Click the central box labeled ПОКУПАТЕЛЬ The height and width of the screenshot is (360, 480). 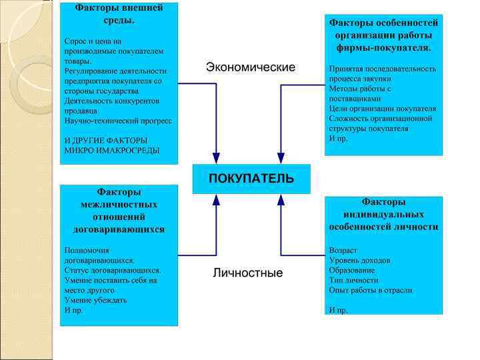[x=251, y=179]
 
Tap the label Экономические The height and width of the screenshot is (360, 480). [x=250, y=67]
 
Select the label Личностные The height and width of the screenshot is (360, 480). [x=248, y=273]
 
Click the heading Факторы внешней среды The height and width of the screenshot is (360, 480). [x=119, y=14]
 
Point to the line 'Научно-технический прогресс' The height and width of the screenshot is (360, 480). [x=118, y=121]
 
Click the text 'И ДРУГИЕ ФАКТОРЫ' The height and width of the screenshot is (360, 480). [x=105, y=140]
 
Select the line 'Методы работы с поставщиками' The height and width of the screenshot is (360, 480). [x=360, y=93]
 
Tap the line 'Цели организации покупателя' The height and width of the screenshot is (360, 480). [x=382, y=108]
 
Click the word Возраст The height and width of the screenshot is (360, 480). [x=343, y=250]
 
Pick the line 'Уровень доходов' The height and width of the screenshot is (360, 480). [x=359, y=260]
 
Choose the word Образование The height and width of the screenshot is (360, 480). [x=351, y=270]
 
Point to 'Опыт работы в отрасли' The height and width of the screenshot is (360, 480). [x=370, y=290]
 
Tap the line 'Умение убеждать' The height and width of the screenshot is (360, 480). [x=95, y=300]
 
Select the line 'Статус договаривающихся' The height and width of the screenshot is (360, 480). [x=112, y=270]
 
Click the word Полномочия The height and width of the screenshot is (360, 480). [x=87, y=250]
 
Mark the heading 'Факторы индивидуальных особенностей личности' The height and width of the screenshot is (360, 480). [x=383, y=214]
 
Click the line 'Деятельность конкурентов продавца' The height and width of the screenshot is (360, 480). [x=111, y=105]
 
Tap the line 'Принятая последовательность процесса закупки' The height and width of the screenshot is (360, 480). [x=382, y=73]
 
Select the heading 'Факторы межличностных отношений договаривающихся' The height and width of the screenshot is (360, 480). [x=119, y=210]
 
